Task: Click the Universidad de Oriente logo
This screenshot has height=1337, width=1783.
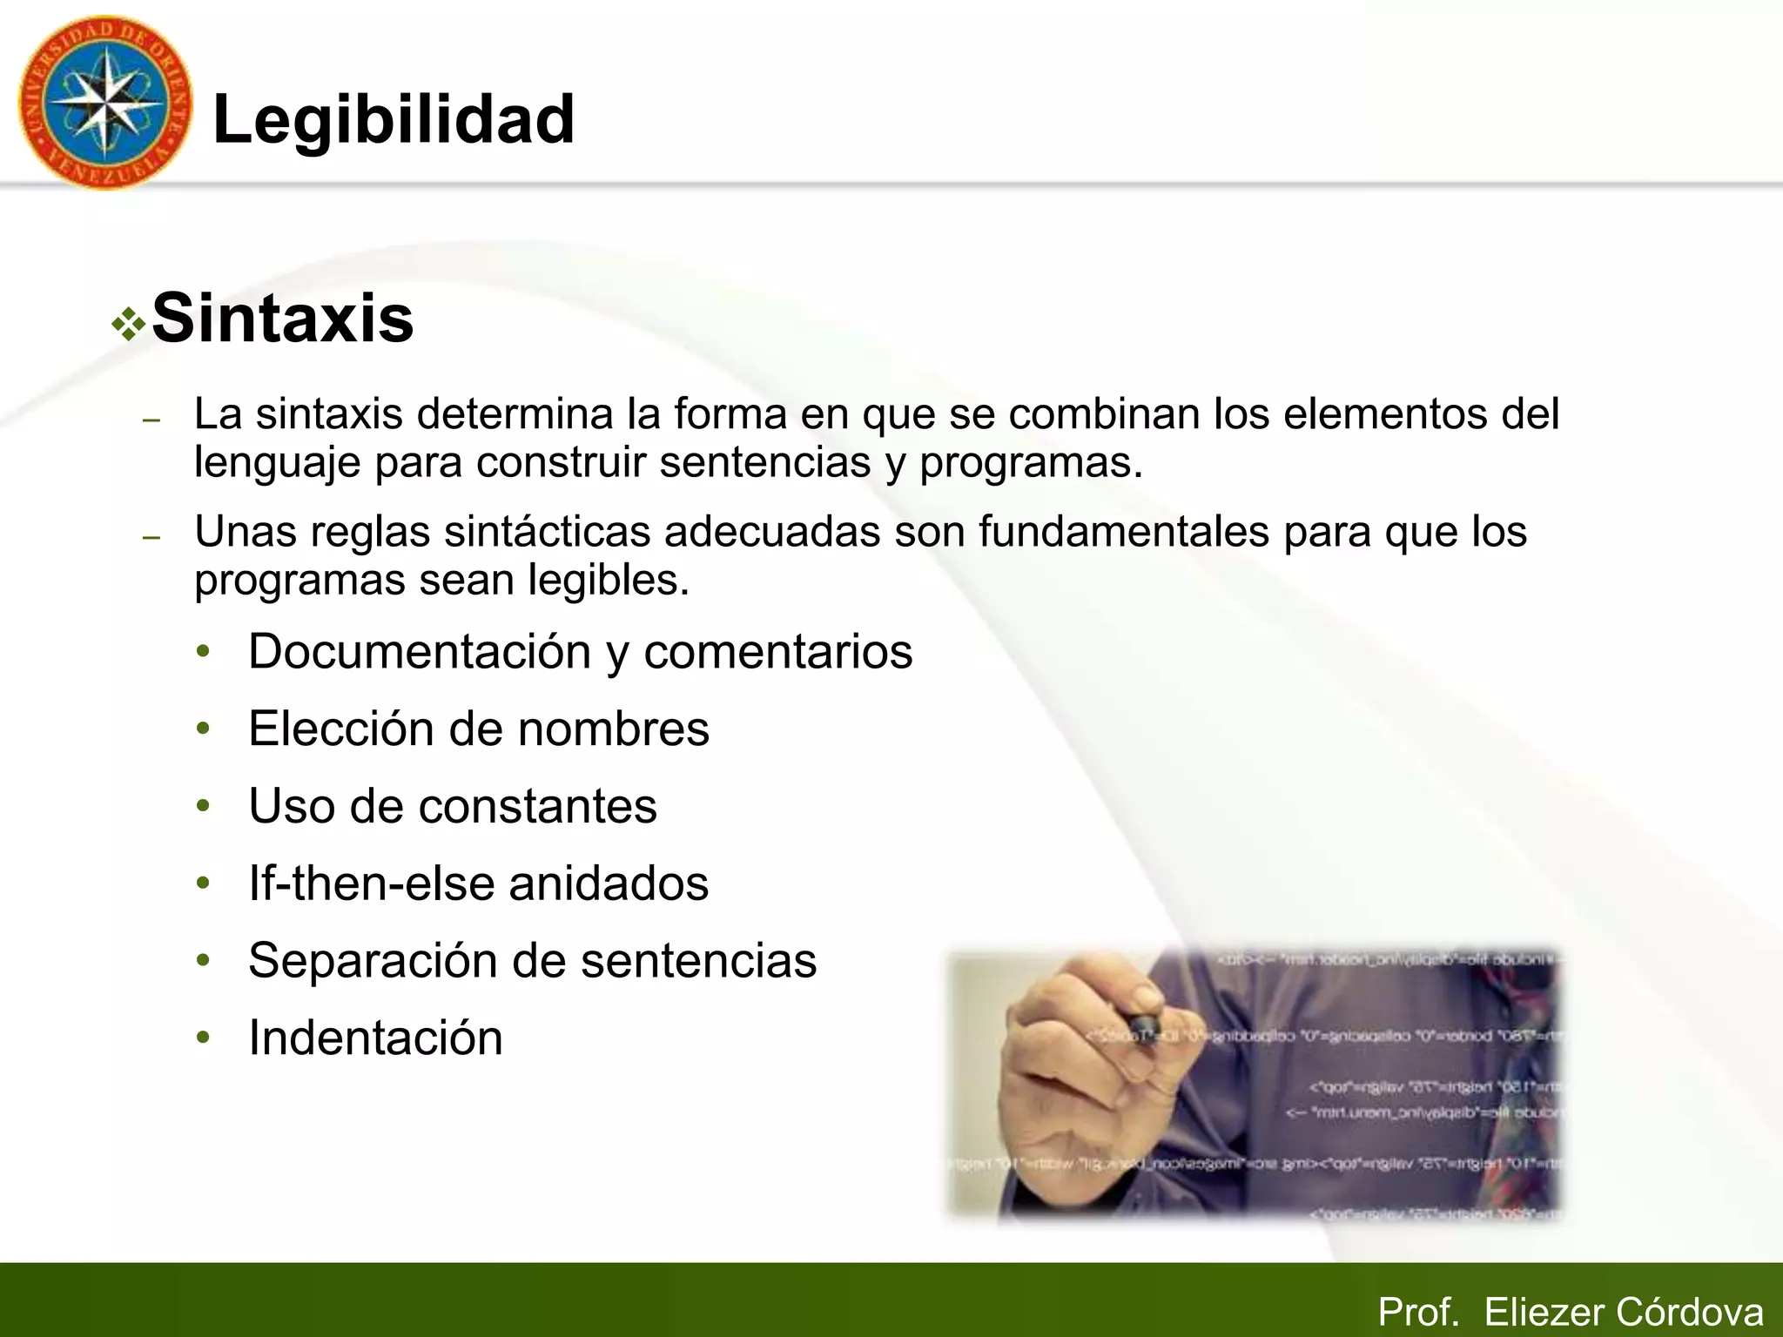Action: pyautogui.click(x=104, y=103)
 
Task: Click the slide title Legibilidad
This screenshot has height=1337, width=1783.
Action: pyautogui.click(x=394, y=119)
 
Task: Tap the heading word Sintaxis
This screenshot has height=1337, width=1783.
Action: pyautogui.click(x=282, y=319)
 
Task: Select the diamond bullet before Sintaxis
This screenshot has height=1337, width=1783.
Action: pyautogui.click(x=129, y=325)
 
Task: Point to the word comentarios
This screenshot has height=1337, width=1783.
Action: pyautogui.click(x=777, y=651)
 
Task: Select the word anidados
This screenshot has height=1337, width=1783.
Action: pyautogui.click(x=609, y=883)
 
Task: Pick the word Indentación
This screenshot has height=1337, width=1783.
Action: pyautogui.click(x=375, y=1038)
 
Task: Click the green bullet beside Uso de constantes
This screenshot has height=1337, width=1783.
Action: pyautogui.click(x=204, y=806)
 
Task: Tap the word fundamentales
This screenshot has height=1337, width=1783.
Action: pyautogui.click(x=1123, y=531)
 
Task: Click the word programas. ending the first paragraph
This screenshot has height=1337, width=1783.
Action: pyautogui.click(x=1031, y=462)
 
